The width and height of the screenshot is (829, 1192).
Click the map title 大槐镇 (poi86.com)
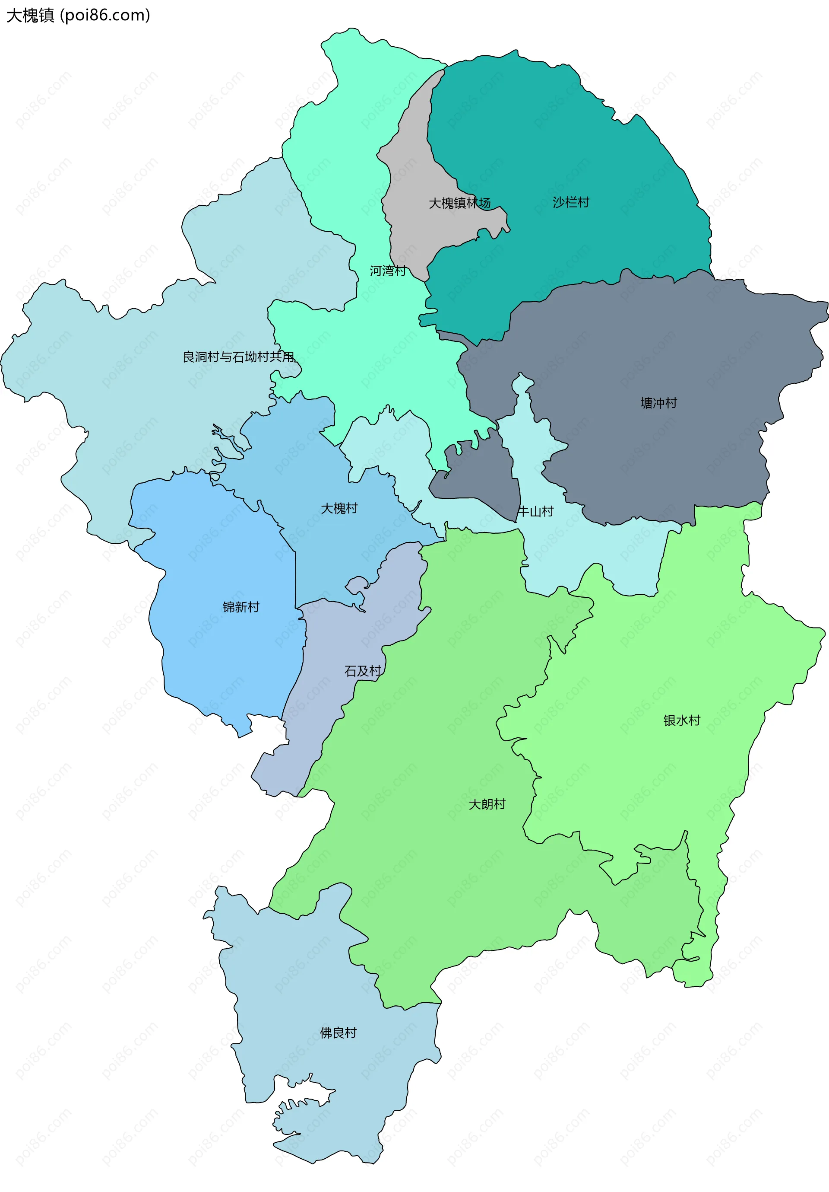pos(78,16)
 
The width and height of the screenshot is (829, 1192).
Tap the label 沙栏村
pos(571,202)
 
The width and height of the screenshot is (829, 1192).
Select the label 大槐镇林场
pos(460,203)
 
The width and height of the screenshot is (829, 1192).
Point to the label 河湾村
pos(388,271)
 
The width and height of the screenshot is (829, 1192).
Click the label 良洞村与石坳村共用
pos(239,357)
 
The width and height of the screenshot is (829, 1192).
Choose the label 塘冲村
pos(658,403)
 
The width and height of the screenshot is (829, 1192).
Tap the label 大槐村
pos(339,508)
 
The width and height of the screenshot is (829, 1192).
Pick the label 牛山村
pos(536,511)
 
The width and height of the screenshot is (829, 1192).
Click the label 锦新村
pos(240,607)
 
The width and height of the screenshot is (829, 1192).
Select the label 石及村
pos(363,671)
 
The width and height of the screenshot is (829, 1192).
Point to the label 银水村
pos(682,720)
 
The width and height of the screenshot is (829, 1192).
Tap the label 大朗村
pos(487,804)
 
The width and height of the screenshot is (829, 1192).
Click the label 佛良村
pos(338,1033)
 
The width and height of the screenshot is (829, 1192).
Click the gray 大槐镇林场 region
pos(415,156)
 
